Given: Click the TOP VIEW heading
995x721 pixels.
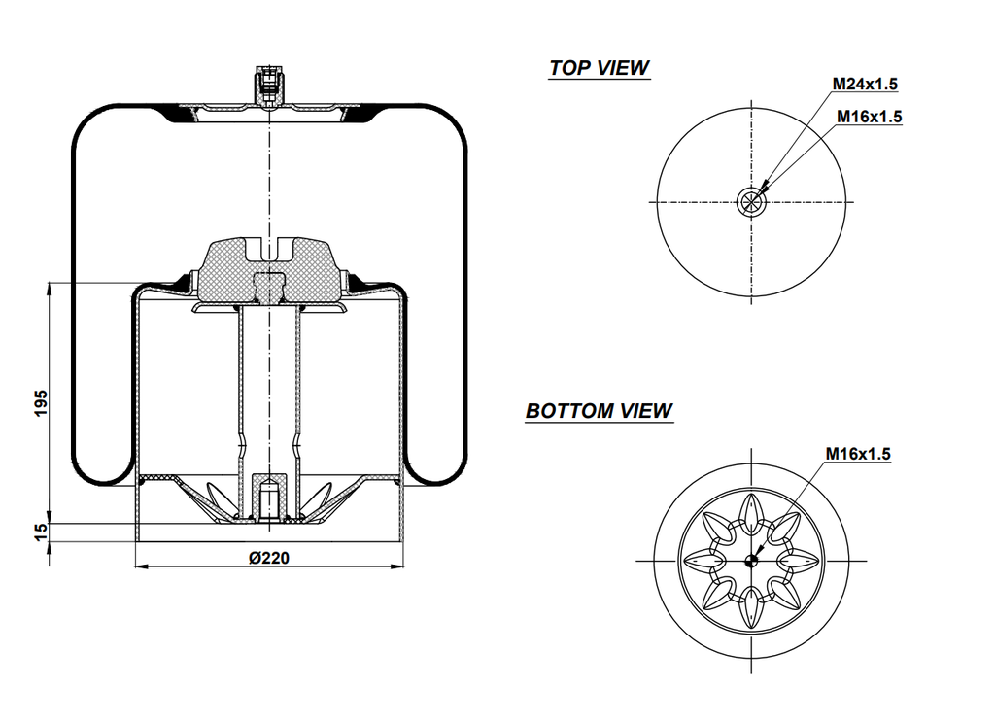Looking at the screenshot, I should coord(599,68).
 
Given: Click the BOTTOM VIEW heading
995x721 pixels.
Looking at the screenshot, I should coord(599,411).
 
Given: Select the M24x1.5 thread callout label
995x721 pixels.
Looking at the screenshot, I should coord(865,86).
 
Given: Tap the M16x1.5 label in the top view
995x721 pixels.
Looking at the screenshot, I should coord(870,117).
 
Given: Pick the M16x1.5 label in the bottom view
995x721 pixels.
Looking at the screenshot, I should coord(858,453).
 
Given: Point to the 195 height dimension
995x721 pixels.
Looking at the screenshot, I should coord(40,402).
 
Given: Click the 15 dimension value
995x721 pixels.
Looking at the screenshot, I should coord(40,532).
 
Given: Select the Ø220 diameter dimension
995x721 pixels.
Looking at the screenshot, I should coord(269,558).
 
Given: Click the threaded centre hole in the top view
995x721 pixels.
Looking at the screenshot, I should coord(751,202).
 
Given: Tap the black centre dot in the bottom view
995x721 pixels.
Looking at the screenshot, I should coord(751,561).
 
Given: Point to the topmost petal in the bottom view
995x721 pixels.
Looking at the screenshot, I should coord(751,511).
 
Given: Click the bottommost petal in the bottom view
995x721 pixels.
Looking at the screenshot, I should coord(751,609).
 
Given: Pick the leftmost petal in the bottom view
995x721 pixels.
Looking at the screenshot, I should coord(703,561).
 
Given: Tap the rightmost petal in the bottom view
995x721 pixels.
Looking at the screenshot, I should coord(801,561).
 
